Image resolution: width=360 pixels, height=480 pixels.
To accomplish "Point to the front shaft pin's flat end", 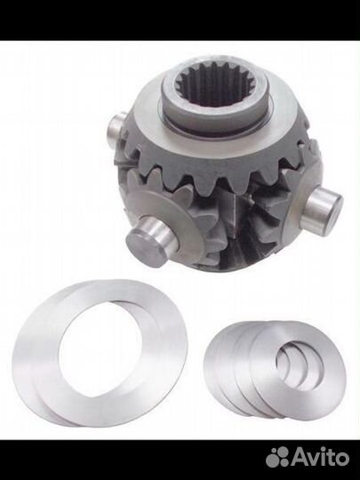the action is coord(142,247).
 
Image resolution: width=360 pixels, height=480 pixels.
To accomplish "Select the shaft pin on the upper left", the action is coord(117,129).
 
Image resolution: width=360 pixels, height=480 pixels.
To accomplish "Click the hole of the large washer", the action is coord(100,349).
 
